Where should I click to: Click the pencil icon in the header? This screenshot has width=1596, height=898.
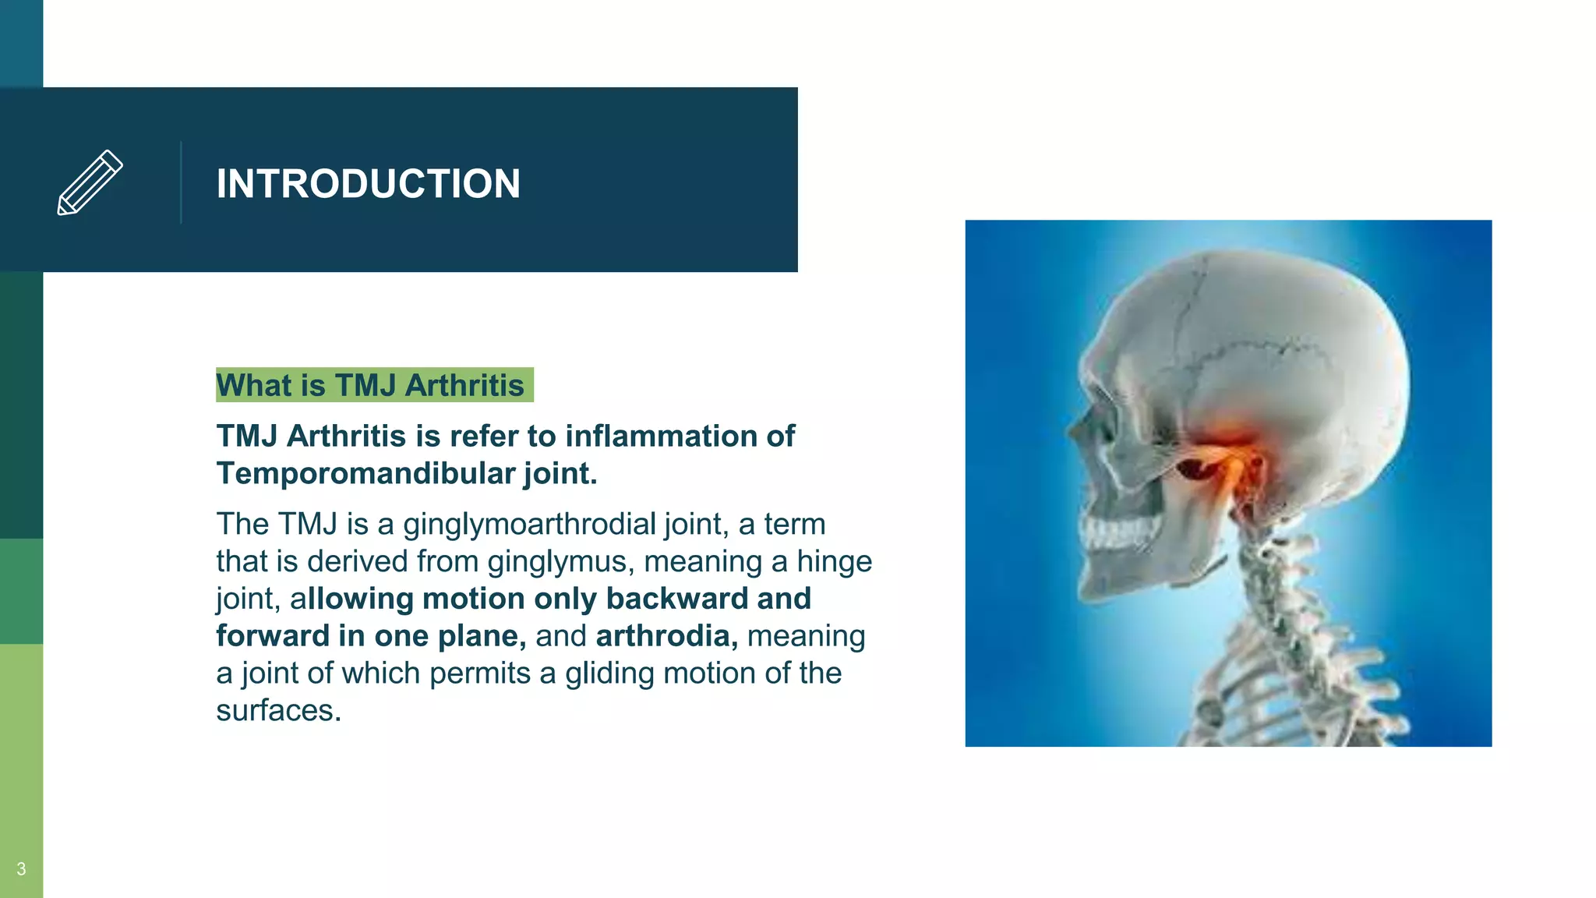pyautogui.click(x=90, y=182)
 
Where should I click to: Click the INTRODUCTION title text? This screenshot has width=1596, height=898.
pyautogui.click(x=368, y=184)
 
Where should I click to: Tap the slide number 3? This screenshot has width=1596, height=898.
pyautogui.click(x=21, y=868)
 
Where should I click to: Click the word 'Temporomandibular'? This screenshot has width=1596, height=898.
pyautogui.click(x=365, y=473)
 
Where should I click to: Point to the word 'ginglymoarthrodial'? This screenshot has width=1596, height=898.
pyautogui.click(x=528, y=524)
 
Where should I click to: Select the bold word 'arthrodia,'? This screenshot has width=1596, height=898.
pyautogui.click(x=666, y=636)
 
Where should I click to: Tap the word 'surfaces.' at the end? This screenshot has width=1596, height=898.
pyautogui.click(x=278, y=710)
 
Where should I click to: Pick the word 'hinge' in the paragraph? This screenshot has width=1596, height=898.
pyautogui.click(x=834, y=561)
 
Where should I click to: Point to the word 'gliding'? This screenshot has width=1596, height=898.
pyautogui.click(x=609, y=673)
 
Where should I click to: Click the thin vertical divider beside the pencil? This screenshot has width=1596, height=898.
pyautogui.click(x=181, y=182)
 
